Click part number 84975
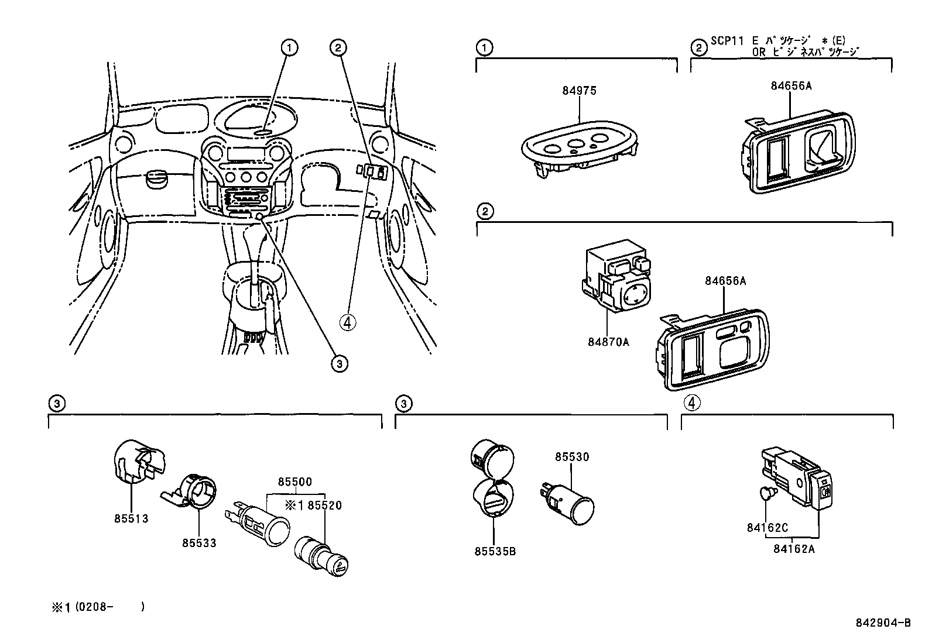pos(579,91)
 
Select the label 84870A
pos(608,342)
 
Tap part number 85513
pos(131,518)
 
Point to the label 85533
pos(198,543)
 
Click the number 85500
pos(295,482)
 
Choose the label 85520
pos(325,506)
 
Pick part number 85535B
pos(495,551)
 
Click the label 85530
pos(572,457)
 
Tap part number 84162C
pos(767,527)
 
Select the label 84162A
pos(794,549)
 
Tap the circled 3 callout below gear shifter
pos(339,363)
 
